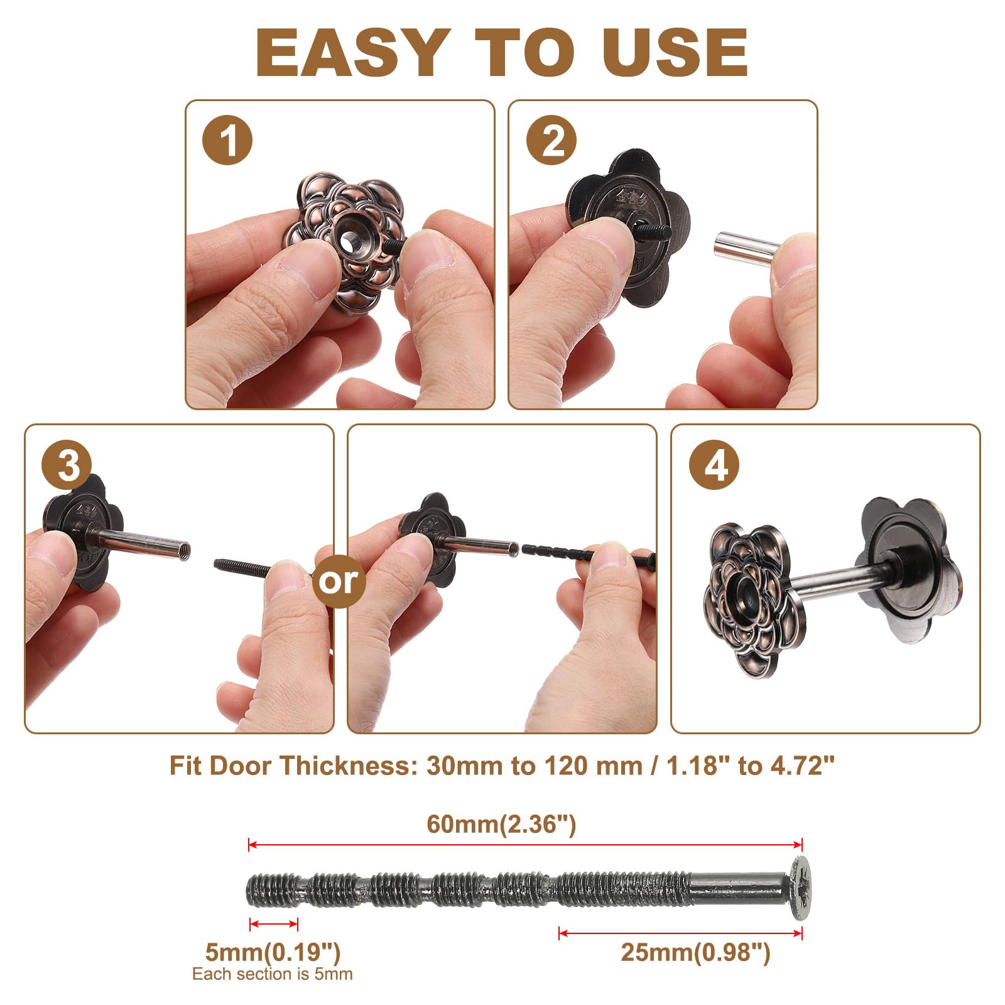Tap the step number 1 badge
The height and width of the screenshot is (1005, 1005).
pyautogui.click(x=227, y=140)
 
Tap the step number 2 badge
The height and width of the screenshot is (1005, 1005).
pyautogui.click(x=551, y=140)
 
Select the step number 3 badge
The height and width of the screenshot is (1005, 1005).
pyautogui.click(x=67, y=465)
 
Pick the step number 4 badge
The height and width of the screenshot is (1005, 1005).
pyautogui.click(x=714, y=466)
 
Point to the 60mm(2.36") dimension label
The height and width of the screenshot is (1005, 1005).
pyautogui.click(x=501, y=823)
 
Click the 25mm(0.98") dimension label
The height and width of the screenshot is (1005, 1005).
pyautogui.click(x=695, y=952)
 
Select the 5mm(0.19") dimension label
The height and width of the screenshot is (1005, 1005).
pyautogui.click(x=273, y=952)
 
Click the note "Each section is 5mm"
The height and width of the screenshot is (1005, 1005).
pyautogui.click(x=273, y=974)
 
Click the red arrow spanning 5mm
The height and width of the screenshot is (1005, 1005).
pyautogui.click(x=274, y=924)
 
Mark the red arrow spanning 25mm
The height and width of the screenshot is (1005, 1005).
pyautogui.click(x=681, y=933)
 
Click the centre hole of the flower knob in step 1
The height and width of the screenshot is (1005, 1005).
pyautogui.click(x=347, y=239)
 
